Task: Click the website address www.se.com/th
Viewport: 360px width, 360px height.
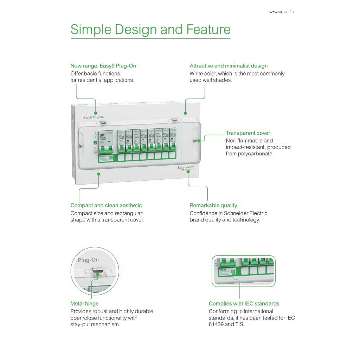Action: (281, 12)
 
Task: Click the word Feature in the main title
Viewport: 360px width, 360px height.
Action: (208, 30)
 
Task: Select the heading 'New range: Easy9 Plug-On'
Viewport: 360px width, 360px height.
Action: (103, 66)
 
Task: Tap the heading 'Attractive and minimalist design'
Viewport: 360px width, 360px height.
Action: (229, 66)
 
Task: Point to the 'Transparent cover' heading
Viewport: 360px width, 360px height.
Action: (248, 133)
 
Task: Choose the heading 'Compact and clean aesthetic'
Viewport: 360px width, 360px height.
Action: (106, 205)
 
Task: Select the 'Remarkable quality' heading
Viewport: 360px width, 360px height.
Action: (213, 205)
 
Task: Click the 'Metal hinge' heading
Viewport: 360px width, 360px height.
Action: (84, 303)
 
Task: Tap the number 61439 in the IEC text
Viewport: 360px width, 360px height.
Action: (216, 324)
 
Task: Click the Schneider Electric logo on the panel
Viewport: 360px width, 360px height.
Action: (185, 168)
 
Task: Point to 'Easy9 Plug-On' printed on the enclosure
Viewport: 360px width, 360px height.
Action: (93, 117)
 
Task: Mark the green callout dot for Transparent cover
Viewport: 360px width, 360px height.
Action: (199, 140)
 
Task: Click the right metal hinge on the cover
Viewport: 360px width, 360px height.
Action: (173, 121)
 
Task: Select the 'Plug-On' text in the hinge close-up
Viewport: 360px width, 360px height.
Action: (88, 260)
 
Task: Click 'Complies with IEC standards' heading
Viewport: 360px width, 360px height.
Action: (244, 303)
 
